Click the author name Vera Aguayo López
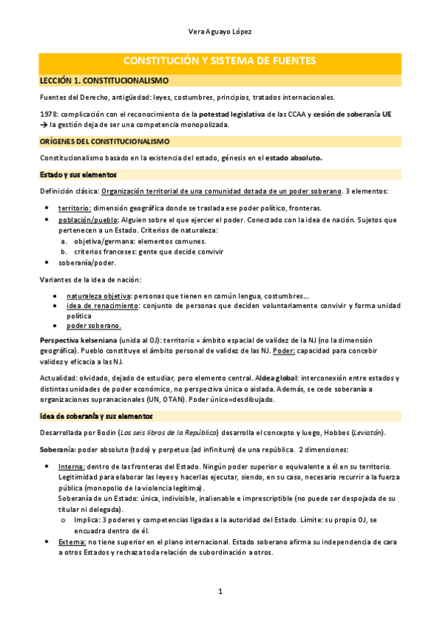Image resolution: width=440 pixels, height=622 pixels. pos(220,32)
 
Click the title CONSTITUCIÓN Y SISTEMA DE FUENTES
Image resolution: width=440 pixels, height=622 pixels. pos(220,60)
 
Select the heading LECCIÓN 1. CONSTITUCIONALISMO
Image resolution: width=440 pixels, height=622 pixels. pos(104,80)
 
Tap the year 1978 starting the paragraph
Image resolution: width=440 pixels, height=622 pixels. pos(48,114)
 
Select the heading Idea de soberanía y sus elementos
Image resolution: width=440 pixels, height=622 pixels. pos(95,415)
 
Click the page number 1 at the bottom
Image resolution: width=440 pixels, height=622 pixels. pos(220,591)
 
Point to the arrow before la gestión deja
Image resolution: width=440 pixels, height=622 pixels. pos(43,125)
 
